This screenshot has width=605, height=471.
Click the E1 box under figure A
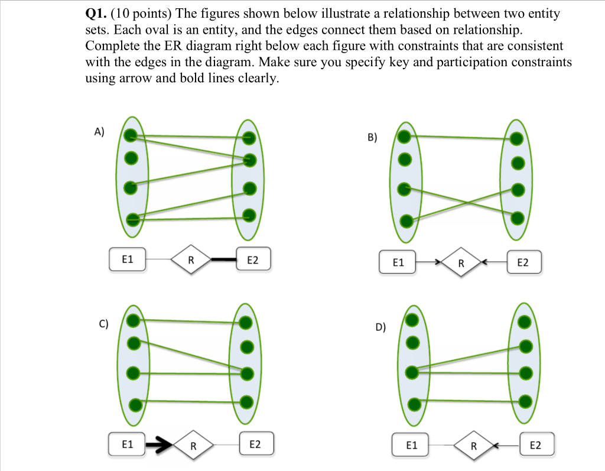point(127,259)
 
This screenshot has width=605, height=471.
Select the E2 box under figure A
point(252,259)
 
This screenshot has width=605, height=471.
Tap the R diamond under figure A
point(190,260)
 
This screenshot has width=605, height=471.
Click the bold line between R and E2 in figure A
point(223,259)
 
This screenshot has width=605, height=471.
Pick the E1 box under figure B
point(398,262)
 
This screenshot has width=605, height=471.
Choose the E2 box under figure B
point(523,262)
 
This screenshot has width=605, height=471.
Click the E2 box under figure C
point(255,444)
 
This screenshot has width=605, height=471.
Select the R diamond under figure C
point(193,446)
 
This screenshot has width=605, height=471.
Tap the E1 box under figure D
point(411,446)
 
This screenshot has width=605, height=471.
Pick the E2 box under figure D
point(536,446)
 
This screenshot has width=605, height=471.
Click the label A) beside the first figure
point(99,132)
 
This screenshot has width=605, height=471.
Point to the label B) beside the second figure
point(372,138)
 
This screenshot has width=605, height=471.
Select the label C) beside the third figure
point(103,323)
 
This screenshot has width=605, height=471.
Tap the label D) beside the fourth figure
point(381,327)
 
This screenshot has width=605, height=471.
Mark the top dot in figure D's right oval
point(524,322)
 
